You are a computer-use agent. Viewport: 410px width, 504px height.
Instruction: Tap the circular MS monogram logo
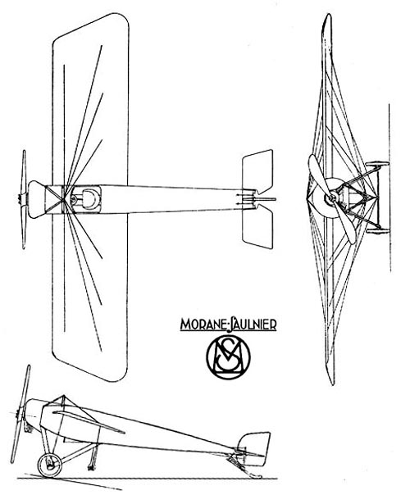tap(228, 358)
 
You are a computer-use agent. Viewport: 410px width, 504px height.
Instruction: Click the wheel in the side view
tap(49, 465)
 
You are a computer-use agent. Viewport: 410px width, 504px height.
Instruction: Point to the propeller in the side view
tap(20, 414)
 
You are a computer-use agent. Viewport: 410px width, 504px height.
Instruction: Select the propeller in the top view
tap(24, 199)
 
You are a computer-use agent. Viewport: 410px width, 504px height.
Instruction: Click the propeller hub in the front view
tap(332, 197)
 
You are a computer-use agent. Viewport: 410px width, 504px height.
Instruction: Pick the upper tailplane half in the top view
tap(257, 173)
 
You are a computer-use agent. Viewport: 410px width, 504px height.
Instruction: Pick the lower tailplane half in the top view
tap(257, 227)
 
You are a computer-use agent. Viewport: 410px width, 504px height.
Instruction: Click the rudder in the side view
tap(254, 448)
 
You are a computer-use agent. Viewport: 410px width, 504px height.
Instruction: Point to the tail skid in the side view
tap(244, 465)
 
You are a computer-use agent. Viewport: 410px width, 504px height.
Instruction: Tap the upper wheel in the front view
tap(377, 164)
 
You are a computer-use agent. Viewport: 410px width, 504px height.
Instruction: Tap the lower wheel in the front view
tap(377, 231)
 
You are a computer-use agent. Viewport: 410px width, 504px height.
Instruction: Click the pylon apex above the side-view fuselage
tap(64, 395)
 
